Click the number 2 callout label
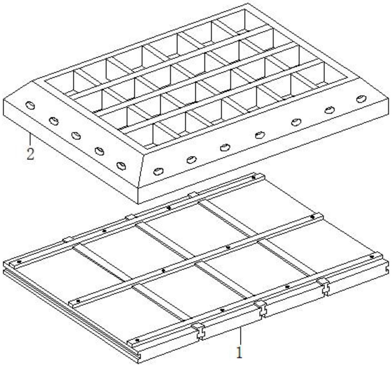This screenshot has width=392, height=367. [x=30, y=154]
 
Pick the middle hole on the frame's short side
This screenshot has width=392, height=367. [x=76, y=136]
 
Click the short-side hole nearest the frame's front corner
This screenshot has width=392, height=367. [x=121, y=166]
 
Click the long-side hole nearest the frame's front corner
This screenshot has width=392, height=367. [x=157, y=171]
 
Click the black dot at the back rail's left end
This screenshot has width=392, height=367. [x=19, y=262]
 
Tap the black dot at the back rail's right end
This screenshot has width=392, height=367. [x=254, y=178]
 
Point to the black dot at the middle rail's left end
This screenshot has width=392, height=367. [x=78, y=301]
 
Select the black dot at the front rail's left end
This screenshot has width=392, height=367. [x=137, y=340]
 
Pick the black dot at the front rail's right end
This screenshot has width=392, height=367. [x=372, y=257]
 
